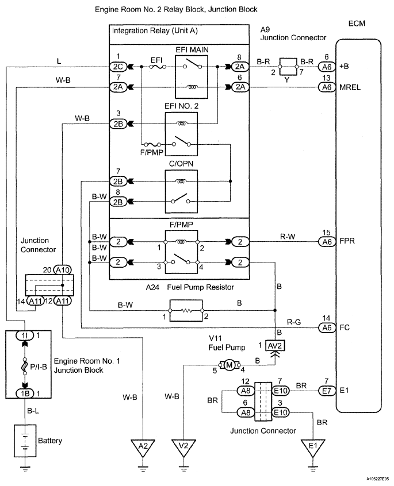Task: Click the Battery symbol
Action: (x=25, y=439)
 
